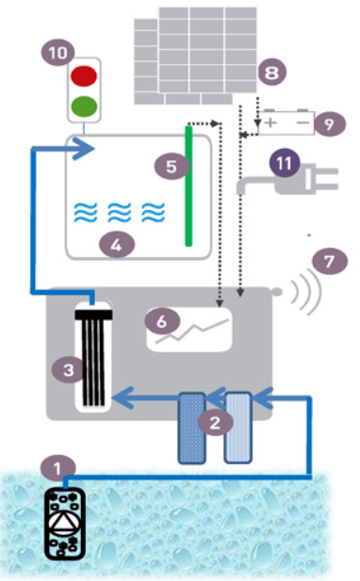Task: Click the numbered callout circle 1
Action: pos(58,469)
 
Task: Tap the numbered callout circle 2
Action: pos(216,422)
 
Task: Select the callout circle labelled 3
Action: pos(69,369)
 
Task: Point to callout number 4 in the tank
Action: pos(117,245)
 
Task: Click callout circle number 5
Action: pos(172,167)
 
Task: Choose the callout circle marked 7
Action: pos(330,261)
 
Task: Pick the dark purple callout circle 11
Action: pos(285,163)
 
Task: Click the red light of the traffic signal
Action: pos(84,76)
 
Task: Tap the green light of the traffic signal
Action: pos(84,106)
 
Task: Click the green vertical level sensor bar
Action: pos(188,186)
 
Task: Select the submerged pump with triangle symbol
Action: pos(65,524)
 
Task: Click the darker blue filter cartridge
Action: pos(192,428)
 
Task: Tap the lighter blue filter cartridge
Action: pos(238,428)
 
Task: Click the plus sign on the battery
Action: pos(271,122)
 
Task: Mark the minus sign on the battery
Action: pos(303,121)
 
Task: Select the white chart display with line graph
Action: pos(189,330)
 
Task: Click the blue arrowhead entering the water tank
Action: pos(84,149)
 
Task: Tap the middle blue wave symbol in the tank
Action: pos(120,212)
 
